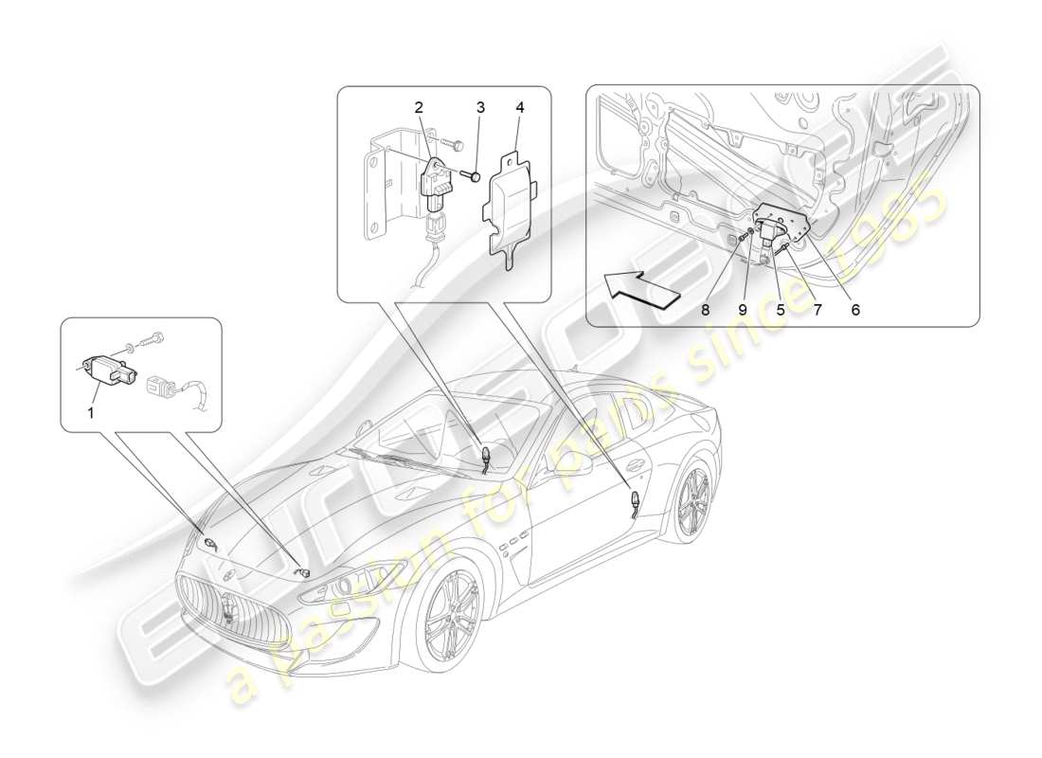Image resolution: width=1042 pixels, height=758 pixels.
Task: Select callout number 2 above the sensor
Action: [419, 107]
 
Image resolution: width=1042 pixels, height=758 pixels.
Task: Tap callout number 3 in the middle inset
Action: [480, 107]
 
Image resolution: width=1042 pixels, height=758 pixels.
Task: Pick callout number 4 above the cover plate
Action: [518, 107]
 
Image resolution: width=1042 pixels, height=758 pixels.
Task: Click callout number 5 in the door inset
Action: [781, 309]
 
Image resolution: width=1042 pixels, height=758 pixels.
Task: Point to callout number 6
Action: [855, 309]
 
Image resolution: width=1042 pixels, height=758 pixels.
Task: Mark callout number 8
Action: [705, 309]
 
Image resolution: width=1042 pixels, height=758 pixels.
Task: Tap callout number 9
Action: [745, 309]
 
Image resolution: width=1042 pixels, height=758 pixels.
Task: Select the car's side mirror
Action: [577, 468]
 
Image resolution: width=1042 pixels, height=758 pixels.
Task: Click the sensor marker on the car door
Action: [633, 500]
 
